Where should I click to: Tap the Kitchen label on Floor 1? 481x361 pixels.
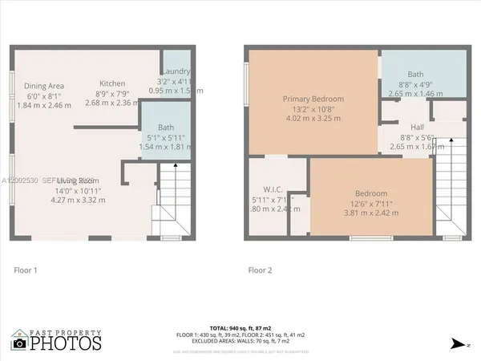[112, 83]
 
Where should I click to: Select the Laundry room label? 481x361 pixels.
[174, 71]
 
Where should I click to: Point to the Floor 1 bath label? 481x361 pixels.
[166, 128]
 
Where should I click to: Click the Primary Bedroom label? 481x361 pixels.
[312, 99]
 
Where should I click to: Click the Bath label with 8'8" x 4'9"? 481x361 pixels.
[415, 73]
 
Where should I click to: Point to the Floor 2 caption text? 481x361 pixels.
[259, 270]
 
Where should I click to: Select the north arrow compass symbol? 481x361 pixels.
[456, 343]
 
